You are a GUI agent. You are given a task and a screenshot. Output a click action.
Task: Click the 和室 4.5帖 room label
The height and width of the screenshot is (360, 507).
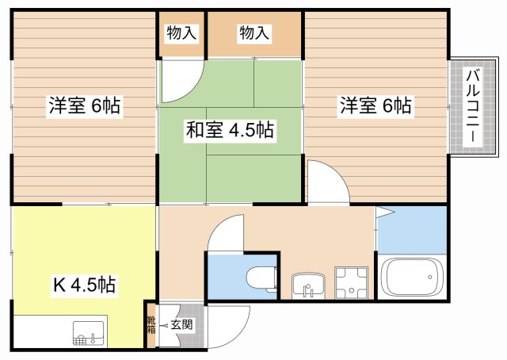pos(230,130)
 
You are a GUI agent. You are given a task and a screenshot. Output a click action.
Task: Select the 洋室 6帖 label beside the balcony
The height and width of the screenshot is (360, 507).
pos(375,105)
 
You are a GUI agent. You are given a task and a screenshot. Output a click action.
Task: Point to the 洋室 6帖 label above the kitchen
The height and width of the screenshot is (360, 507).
pos(85,105)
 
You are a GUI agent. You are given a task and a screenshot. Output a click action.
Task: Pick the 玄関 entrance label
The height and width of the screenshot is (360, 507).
pos(182,324)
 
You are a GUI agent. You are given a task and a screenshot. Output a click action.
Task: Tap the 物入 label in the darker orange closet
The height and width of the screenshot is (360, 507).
pos(254,33)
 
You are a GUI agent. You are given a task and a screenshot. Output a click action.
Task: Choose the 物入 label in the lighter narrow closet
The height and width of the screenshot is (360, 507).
pos(181,33)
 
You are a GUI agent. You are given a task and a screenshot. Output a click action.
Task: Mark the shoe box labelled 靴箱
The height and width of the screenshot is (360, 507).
pos(151,324)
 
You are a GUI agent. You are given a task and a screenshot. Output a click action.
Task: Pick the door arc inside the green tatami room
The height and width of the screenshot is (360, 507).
pos(181,76)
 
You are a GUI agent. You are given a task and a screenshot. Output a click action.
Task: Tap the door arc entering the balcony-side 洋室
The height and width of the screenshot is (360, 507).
pos(327,182)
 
